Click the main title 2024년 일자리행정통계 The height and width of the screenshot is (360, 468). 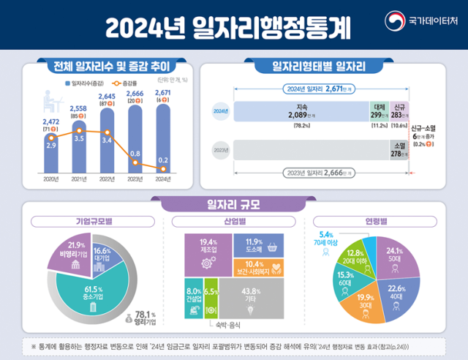click(227, 28)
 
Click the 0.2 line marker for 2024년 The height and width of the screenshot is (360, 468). click(164, 168)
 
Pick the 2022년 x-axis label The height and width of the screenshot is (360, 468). click(106, 179)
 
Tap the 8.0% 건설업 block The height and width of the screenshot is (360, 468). click(192, 296)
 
